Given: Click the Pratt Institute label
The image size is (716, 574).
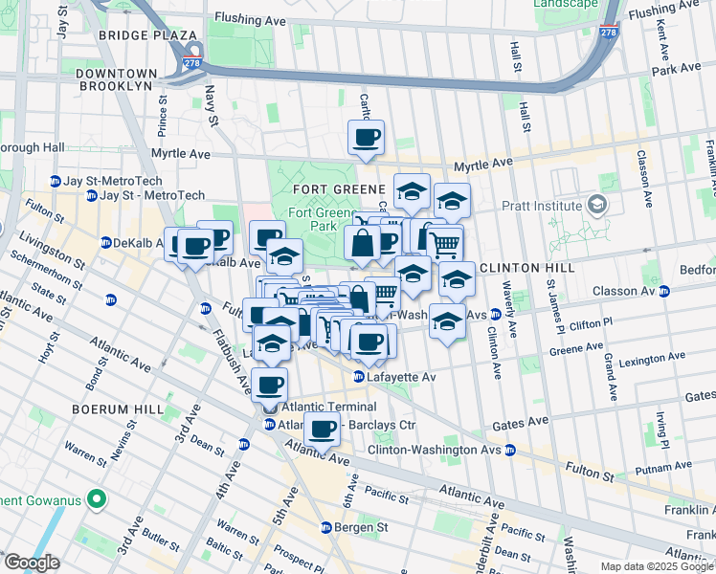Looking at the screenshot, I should coord(542,206).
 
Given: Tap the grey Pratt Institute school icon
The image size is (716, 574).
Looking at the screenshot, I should coord(597,205).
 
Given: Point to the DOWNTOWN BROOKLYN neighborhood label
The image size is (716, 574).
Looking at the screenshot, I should coord(128,79).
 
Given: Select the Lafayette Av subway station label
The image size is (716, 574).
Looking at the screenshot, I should coord(402,377).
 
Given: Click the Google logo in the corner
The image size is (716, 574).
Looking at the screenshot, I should coord(32,563).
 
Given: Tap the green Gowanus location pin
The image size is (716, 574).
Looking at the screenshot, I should coord(97,499).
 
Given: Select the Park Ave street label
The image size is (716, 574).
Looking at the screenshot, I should coord(676,70).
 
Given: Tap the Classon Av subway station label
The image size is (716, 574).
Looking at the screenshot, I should coord(674,291).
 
